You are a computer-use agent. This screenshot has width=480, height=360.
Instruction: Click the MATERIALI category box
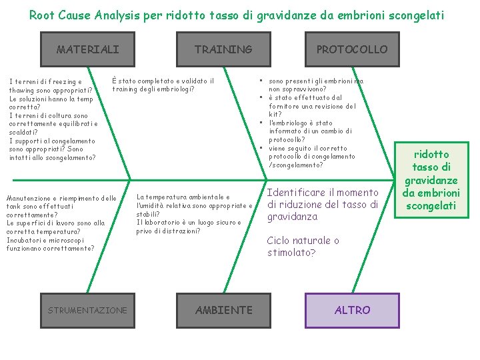(88, 49)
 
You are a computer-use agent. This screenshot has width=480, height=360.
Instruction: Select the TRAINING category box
(223, 49)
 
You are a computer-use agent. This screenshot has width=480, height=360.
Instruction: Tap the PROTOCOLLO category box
(351, 49)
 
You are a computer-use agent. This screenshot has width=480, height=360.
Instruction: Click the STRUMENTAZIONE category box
(87, 310)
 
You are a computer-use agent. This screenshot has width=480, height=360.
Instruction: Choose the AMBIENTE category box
(223, 310)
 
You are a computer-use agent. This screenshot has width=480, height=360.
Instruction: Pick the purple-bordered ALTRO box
(352, 310)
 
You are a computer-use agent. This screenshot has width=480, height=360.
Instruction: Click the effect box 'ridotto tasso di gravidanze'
(431, 180)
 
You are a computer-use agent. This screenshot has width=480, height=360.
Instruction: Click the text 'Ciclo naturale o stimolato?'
(303, 246)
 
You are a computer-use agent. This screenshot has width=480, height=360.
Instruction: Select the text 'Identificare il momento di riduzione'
(322, 204)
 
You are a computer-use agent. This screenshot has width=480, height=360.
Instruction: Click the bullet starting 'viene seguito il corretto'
(311, 156)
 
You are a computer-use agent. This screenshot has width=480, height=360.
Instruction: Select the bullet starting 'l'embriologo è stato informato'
(310, 131)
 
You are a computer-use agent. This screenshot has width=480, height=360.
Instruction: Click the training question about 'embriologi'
(163, 85)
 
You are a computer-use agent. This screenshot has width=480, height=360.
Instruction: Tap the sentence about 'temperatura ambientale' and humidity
(193, 205)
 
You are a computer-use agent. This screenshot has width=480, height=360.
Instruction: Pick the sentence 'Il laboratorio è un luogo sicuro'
(189, 227)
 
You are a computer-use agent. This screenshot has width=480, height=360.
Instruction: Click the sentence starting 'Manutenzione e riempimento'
(61, 207)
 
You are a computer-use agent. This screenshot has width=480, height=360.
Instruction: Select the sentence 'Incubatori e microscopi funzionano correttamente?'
(50, 243)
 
